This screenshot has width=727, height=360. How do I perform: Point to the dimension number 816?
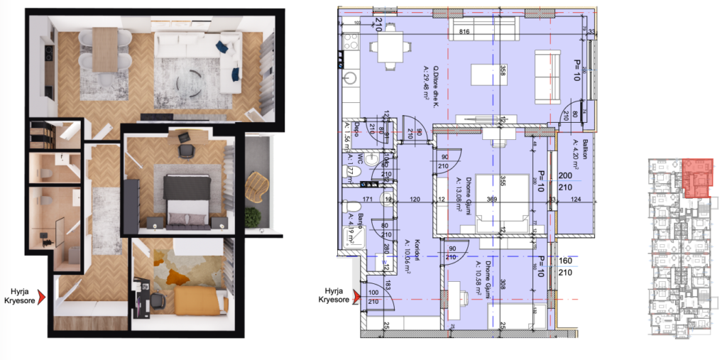pos(466,32)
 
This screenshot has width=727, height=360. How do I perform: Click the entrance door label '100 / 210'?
pos(373,295)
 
